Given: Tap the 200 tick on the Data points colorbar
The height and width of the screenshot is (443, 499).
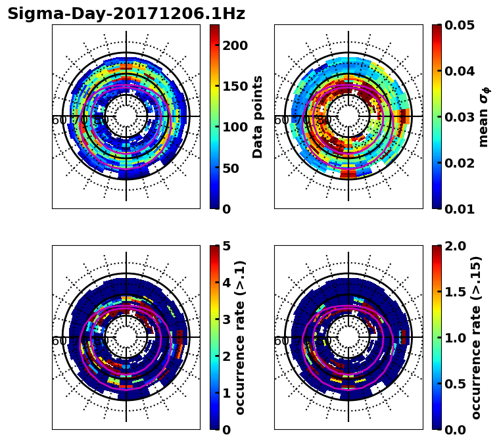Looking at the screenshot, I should [x=235, y=45].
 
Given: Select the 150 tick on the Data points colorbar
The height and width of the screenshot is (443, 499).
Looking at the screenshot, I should [x=235, y=86].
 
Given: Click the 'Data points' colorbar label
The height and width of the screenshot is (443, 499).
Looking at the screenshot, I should [x=258, y=116].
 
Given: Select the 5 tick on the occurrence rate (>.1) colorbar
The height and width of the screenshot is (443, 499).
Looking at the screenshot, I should [x=226, y=246].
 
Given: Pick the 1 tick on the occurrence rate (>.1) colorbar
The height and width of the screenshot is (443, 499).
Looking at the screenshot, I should [x=226, y=393].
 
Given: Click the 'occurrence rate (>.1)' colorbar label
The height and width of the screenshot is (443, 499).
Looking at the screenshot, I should [x=240, y=337].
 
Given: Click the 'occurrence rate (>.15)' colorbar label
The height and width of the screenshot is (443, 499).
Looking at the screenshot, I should [x=476, y=337].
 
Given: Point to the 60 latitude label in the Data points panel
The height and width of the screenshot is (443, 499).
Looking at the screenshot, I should [x=59, y=120].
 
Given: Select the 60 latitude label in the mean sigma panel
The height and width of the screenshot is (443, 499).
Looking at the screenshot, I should [x=281, y=120].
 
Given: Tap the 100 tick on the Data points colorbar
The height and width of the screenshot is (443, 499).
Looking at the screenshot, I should [x=235, y=128].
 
